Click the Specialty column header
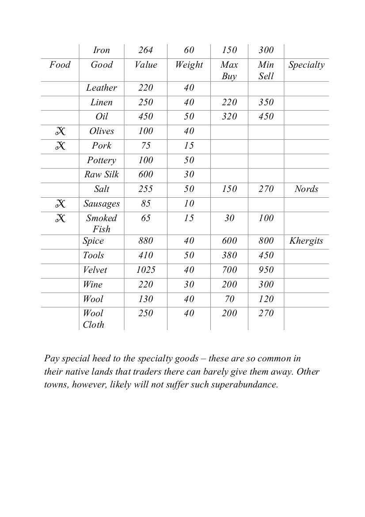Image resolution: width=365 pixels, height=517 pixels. pyautogui.click(x=306, y=65)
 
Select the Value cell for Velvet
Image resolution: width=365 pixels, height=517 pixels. pyautogui.click(x=146, y=270)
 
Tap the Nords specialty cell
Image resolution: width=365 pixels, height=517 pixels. pyautogui.click(x=306, y=189)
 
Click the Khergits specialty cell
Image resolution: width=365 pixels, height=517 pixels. pyautogui.click(x=306, y=241)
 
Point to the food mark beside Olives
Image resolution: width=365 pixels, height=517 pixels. pyautogui.click(x=60, y=131)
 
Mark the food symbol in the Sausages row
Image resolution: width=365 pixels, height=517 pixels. pyautogui.click(x=60, y=204)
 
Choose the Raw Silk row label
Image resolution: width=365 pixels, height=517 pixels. pyautogui.click(x=102, y=175)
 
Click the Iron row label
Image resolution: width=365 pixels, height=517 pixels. pyautogui.click(x=102, y=50)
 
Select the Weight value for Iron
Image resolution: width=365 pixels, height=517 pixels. pyautogui.click(x=189, y=50)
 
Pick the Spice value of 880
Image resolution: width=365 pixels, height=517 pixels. pyautogui.click(x=146, y=241)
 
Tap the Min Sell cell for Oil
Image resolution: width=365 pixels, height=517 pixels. pyautogui.click(x=266, y=117)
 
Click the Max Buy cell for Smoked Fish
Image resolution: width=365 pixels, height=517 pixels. pyautogui.click(x=229, y=218)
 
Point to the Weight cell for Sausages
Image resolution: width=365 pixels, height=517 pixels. pyautogui.click(x=189, y=204)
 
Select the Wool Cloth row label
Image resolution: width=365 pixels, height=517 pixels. pyautogui.click(x=94, y=319)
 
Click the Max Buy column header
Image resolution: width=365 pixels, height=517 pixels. pyautogui.click(x=229, y=70)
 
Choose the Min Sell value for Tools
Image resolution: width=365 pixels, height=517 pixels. pyautogui.click(x=266, y=256)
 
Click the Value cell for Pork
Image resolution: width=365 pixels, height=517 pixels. pyautogui.click(x=146, y=146)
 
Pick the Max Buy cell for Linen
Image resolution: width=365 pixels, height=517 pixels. pyautogui.click(x=229, y=103)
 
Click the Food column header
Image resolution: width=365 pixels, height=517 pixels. pyautogui.click(x=60, y=65)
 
